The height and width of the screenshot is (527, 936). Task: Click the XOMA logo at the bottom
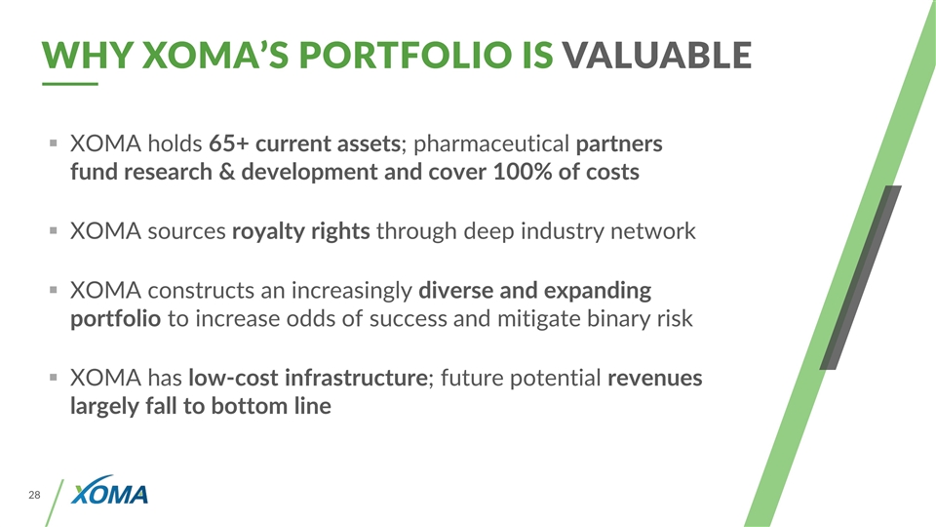[x=113, y=496]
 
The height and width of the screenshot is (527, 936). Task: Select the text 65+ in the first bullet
[x=230, y=144]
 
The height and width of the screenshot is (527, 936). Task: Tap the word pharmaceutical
[x=492, y=145]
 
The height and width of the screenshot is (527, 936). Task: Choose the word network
[x=652, y=232]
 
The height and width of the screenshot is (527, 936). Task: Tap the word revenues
[x=654, y=378]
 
